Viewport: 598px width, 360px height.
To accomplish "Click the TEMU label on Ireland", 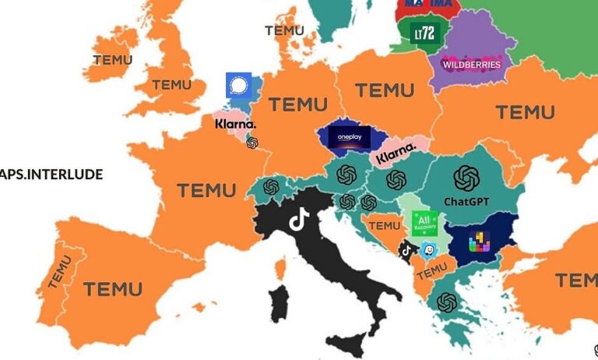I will [x=112, y=59].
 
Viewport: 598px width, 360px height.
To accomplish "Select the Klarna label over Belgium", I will [x=234, y=124].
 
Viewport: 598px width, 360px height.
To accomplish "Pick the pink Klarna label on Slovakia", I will [x=396, y=155].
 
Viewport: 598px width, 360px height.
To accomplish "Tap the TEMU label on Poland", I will [x=385, y=90].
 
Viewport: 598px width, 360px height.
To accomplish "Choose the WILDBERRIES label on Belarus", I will [x=471, y=65].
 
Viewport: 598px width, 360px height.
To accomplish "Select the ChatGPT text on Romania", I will [x=466, y=201].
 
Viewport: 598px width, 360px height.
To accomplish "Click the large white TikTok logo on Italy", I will [x=299, y=220].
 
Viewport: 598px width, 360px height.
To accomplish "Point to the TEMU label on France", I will [x=206, y=189].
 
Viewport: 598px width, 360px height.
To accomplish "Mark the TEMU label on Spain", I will [x=113, y=289].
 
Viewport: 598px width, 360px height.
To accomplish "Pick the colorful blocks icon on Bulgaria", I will [x=479, y=242].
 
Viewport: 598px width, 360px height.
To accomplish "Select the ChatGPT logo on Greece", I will [x=447, y=302].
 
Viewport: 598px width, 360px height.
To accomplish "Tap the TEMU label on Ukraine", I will [x=525, y=112].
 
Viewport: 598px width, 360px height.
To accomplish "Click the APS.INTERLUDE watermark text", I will [x=51, y=174].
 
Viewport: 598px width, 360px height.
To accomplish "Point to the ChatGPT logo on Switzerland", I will [x=271, y=187].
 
